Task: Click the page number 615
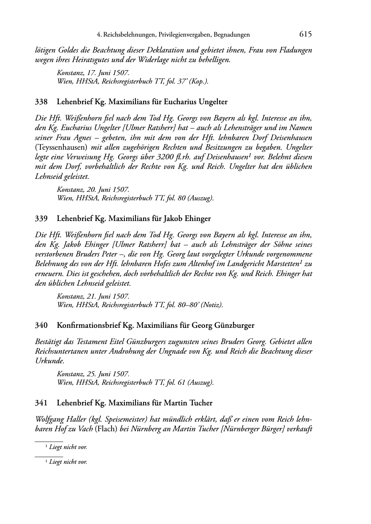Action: (x=306, y=34)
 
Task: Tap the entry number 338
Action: (x=41, y=102)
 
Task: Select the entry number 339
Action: (x=41, y=218)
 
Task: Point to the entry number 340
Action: (x=41, y=326)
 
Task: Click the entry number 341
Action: (x=41, y=402)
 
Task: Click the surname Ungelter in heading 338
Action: (x=212, y=102)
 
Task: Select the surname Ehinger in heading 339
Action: (x=197, y=218)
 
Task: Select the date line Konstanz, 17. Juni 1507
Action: (x=93, y=73)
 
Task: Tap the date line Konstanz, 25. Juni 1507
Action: (x=93, y=374)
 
